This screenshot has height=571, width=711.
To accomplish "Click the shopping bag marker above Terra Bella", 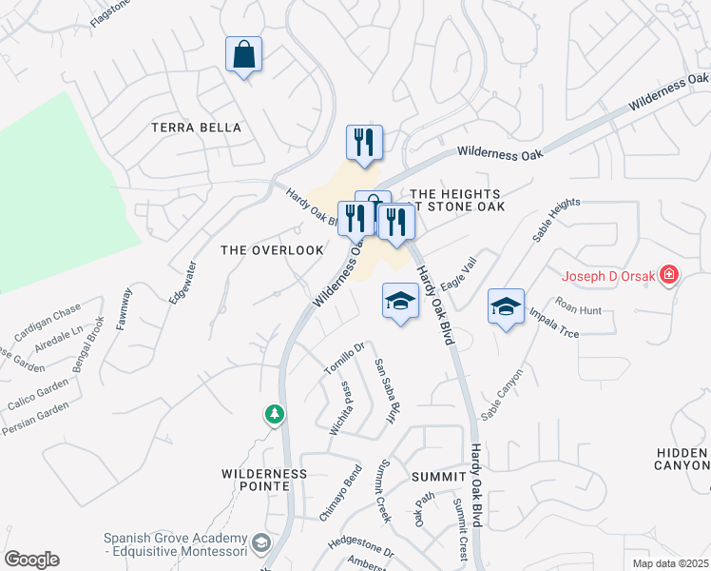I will (244, 55).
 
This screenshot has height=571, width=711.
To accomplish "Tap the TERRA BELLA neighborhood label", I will (197, 128).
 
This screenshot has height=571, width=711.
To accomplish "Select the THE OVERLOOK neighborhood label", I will (259, 250).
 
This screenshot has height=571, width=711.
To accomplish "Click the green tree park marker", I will (275, 415).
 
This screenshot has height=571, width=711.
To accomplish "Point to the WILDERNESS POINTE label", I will (264, 480).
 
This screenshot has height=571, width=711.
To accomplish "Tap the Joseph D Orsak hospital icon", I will (670, 276).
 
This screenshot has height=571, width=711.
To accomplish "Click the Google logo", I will (31, 560).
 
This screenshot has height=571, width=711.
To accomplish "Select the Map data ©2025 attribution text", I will (670, 563).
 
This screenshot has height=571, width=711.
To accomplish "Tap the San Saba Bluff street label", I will (384, 392).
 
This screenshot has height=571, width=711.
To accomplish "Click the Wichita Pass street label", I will (339, 408).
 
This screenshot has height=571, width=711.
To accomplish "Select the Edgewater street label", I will (181, 283).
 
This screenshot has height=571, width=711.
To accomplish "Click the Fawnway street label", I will (124, 308).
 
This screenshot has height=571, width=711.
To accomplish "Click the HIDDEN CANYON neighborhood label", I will (682, 459).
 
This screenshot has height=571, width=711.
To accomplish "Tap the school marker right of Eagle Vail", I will (506, 306).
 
